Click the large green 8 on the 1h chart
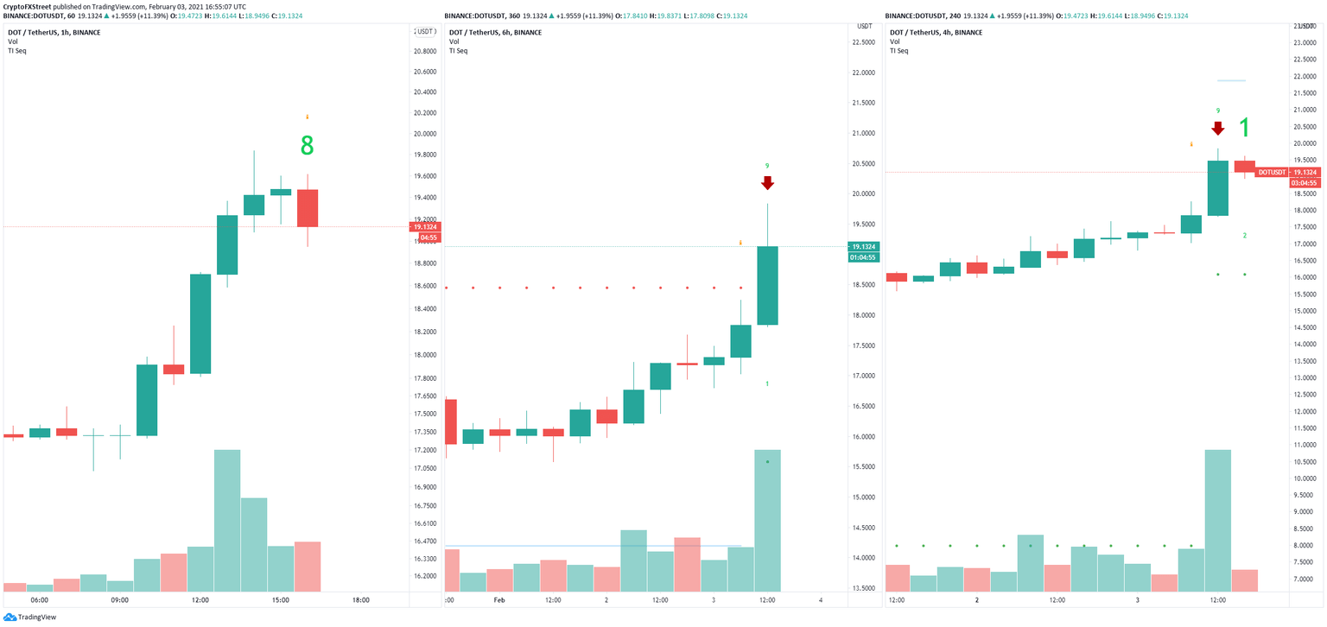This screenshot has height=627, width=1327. click(x=307, y=146)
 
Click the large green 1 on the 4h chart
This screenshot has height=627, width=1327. click(x=1244, y=129)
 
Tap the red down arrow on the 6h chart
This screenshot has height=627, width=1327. click(x=767, y=183)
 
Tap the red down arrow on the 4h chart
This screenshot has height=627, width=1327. click(x=1217, y=129)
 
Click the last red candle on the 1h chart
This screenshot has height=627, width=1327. click(x=307, y=208)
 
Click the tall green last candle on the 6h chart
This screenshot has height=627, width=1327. click(x=767, y=285)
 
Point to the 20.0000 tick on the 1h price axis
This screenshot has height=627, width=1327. click(x=423, y=134)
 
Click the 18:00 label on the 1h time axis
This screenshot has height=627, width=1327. click(x=361, y=600)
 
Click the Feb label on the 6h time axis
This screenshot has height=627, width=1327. click(x=499, y=600)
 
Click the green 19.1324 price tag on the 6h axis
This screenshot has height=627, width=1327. click(x=864, y=246)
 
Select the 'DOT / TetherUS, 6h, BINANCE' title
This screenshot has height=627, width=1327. click(x=495, y=32)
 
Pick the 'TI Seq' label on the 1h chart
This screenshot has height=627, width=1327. click(x=17, y=51)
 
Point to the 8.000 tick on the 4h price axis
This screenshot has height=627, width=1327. click(x=1304, y=546)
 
